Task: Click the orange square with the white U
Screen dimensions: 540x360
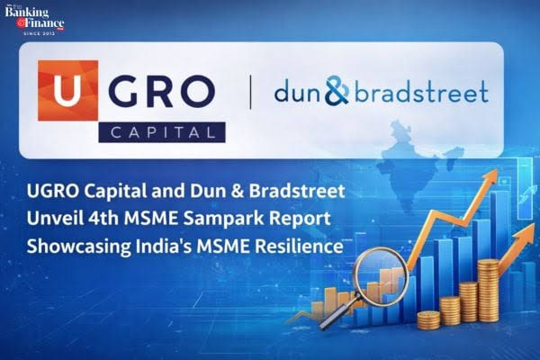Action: point(67,90)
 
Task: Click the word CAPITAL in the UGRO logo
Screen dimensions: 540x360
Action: point(162,132)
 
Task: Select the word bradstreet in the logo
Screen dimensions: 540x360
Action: point(421,91)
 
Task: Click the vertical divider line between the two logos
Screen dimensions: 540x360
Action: point(250,93)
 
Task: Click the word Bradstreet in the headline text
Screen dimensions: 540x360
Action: point(297,191)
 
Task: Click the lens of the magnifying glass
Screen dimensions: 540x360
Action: point(382,272)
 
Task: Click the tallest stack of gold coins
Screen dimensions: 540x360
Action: point(488,291)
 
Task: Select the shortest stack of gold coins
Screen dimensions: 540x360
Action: point(428,320)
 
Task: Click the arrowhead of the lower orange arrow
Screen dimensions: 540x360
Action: point(526,234)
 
